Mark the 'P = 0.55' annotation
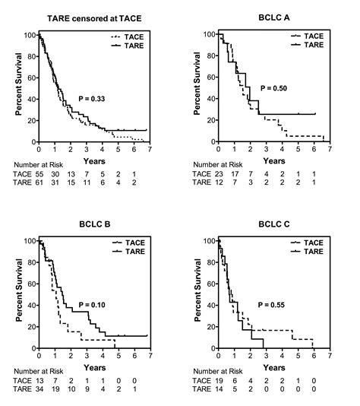(276, 304)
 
